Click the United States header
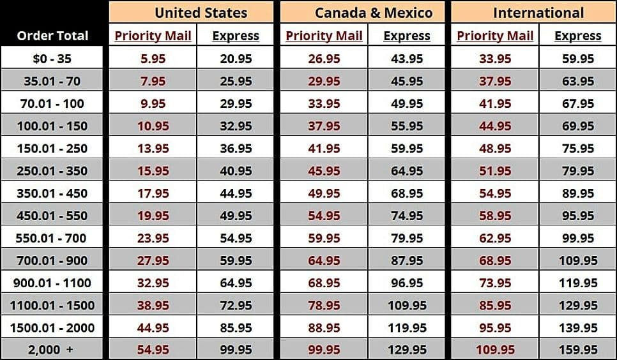201,13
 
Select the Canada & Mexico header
373,13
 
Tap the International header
538,13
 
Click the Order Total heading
52,36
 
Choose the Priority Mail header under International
495,36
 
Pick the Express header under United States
236,36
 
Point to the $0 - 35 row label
52,59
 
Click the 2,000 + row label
52,350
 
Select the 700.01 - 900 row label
52,260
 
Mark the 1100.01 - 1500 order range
52,305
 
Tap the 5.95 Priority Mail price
153,59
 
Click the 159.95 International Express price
578,350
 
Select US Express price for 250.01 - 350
236,171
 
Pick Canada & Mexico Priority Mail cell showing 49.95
324,193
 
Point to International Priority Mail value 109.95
495,350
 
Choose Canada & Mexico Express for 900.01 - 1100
407,283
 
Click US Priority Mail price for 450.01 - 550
153,216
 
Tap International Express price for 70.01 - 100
578,103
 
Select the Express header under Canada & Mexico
407,36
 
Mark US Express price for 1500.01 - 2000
236,327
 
